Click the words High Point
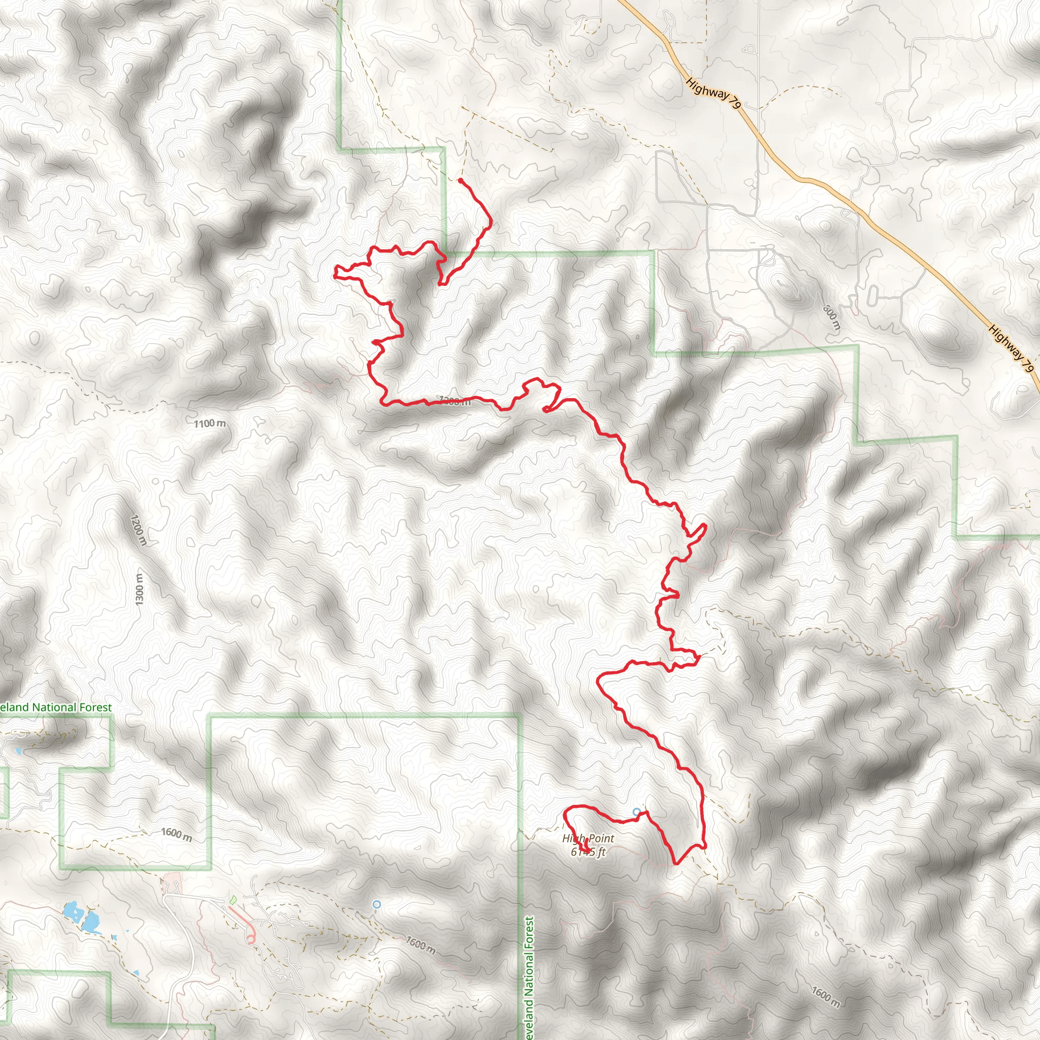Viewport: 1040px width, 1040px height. (x=588, y=838)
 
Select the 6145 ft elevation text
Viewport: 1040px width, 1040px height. (x=588, y=852)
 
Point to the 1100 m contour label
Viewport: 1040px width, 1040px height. (x=210, y=424)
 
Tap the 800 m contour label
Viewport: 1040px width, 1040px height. (x=832, y=317)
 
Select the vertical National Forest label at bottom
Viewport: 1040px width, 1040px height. (x=529, y=979)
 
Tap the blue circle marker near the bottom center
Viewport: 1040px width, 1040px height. (x=377, y=905)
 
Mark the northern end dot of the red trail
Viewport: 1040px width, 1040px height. (x=460, y=180)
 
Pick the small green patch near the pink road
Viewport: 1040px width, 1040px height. (x=233, y=899)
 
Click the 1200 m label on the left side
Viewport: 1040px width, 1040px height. (x=138, y=530)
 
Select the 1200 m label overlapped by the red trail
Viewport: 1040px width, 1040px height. (x=455, y=401)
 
